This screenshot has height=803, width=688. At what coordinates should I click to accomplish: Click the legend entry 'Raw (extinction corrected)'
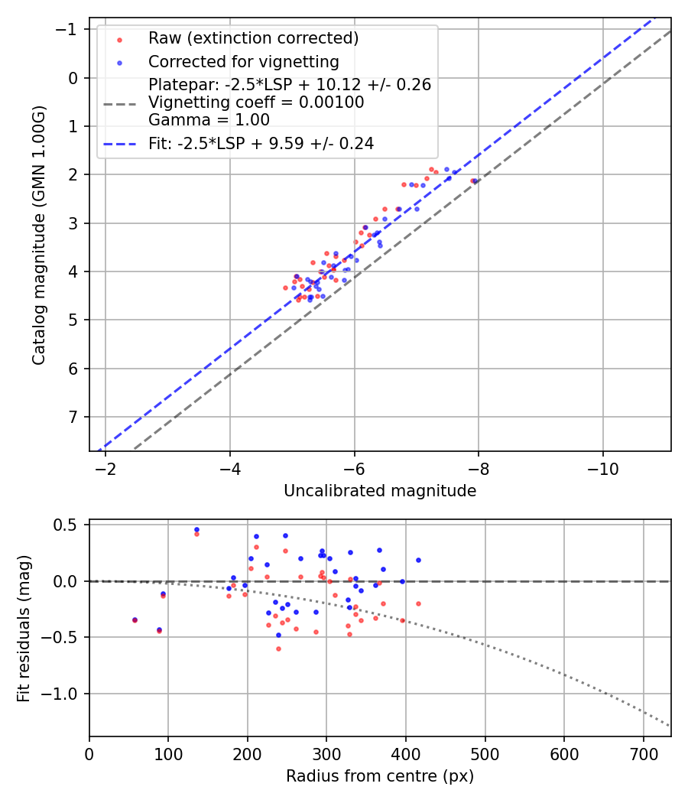click(253, 38)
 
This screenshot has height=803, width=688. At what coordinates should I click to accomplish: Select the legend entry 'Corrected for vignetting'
click(243, 61)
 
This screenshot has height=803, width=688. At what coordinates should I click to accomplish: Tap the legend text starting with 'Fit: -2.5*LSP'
click(261, 143)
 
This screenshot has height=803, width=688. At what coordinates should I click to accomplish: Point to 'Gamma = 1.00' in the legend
click(209, 119)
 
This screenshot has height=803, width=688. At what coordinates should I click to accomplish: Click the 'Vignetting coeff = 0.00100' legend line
click(256, 102)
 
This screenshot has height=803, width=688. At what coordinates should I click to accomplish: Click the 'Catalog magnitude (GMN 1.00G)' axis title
click(39, 235)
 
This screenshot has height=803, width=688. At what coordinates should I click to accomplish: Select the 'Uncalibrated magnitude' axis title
click(380, 491)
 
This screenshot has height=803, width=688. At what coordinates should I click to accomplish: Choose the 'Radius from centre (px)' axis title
click(380, 776)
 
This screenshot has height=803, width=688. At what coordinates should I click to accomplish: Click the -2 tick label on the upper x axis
click(105, 467)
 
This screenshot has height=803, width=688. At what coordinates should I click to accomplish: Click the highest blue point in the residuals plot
click(196, 529)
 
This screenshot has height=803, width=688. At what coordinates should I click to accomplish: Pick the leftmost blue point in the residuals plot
click(135, 619)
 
